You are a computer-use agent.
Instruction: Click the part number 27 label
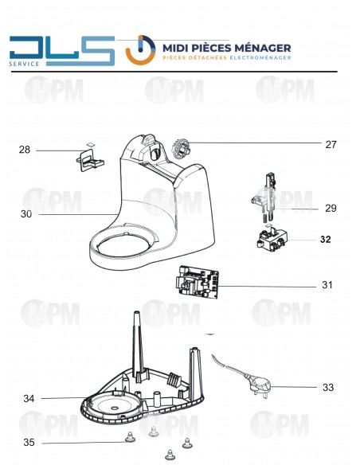coord(331,144)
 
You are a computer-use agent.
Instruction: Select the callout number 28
coord(25,150)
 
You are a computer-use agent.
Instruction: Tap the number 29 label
coord(331,209)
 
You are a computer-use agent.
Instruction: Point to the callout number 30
coord(26,213)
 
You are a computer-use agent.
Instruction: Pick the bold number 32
coord(325,239)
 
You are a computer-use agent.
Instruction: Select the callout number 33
coord(328,388)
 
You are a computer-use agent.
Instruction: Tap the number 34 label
coord(29,398)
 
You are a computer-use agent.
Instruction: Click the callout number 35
coord(29,442)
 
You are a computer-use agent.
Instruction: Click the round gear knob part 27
coord(182,149)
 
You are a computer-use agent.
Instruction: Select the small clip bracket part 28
coord(91,160)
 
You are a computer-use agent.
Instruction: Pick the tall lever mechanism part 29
coord(268,195)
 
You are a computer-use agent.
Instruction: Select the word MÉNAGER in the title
coord(260,47)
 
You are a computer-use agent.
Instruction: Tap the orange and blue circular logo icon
coord(142,50)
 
